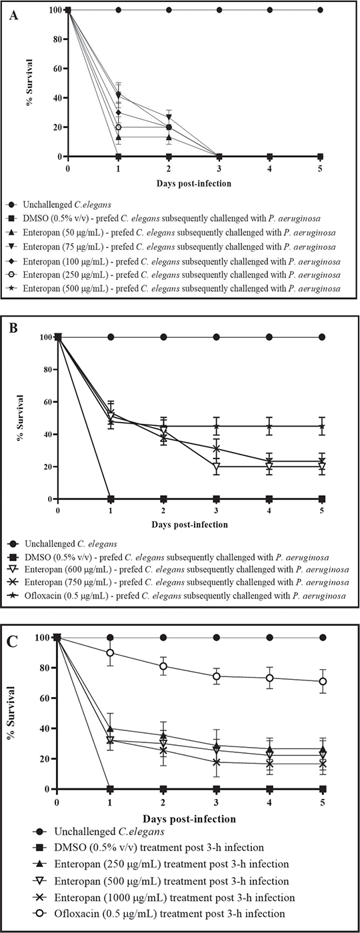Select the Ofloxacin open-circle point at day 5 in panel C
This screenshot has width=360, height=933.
(323, 681)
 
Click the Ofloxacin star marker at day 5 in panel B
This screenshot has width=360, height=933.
(322, 426)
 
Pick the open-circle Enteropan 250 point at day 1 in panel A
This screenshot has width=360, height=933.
(119, 127)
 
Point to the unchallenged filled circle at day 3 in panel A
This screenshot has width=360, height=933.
(219, 9)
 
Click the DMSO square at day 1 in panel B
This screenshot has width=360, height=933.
(111, 498)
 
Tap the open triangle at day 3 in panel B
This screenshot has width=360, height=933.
(216, 467)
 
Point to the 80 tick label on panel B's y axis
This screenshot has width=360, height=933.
(47, 369)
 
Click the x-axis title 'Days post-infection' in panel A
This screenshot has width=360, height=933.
(194, 183)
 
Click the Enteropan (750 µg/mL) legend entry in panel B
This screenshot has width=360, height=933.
(179, 582)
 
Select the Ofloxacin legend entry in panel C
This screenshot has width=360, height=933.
(159, 914)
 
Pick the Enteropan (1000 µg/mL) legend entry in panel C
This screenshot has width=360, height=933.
(163, 898)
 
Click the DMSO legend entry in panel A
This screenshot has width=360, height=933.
(164, 219)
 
